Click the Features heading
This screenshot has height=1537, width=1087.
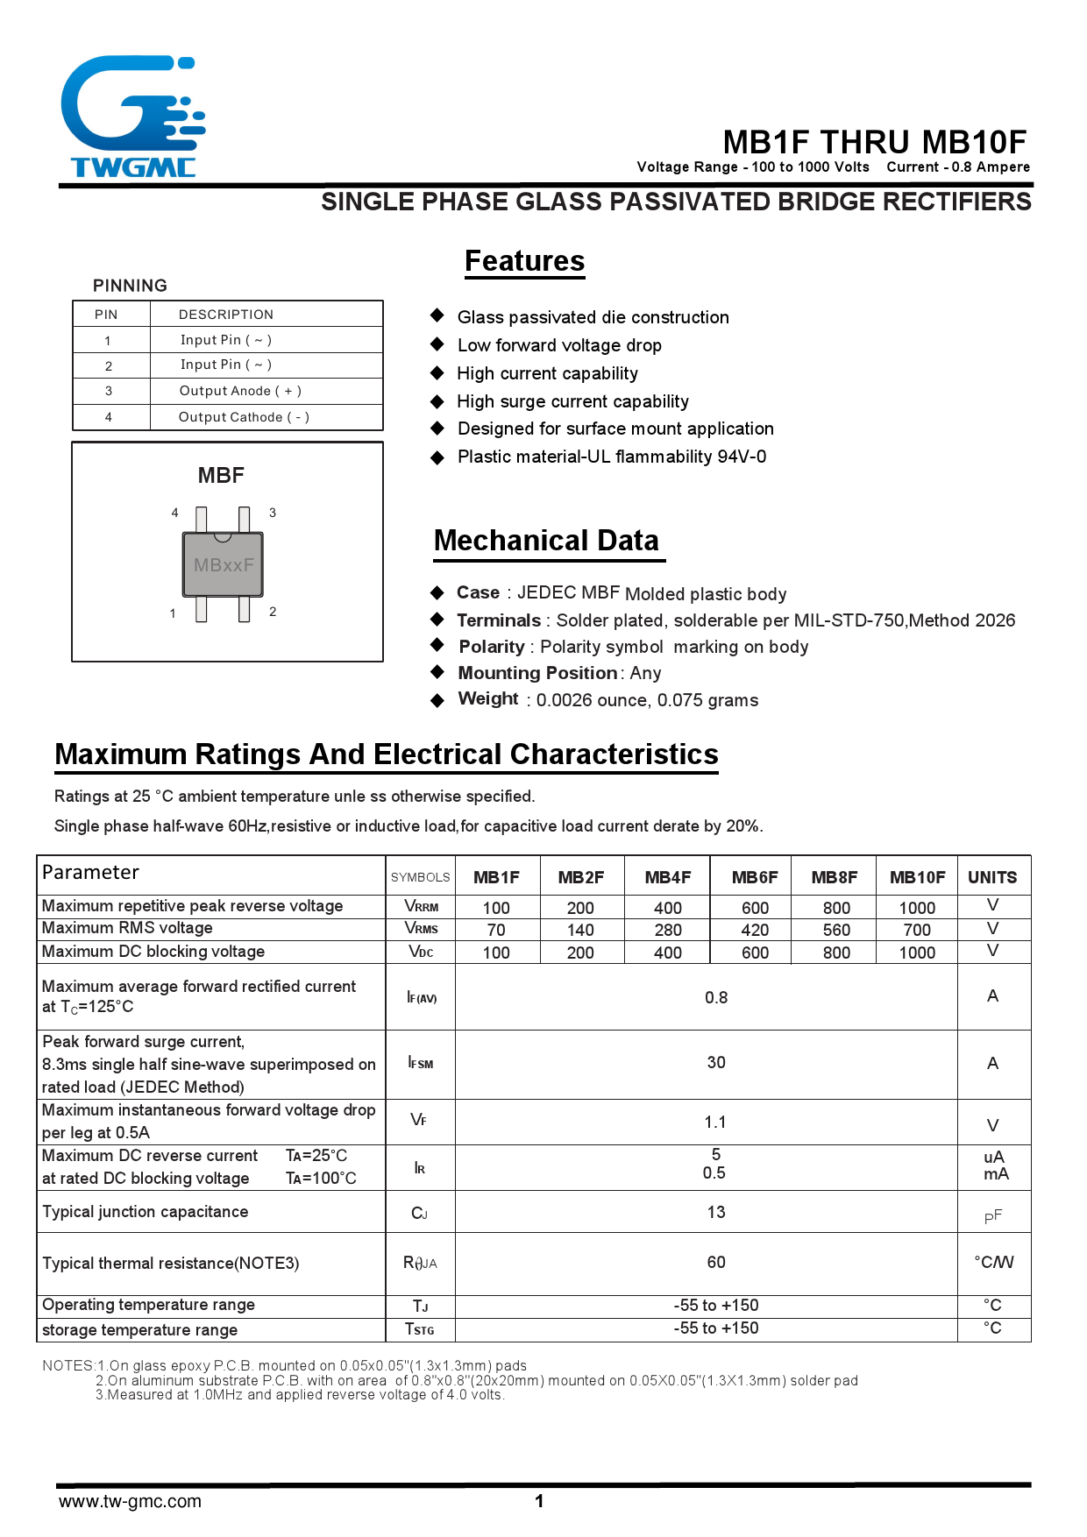pos(524,261)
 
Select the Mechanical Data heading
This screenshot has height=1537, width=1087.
pos(546,541)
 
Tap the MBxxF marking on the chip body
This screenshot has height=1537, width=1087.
pos(224,565)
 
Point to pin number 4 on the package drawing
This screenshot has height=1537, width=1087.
pos(174,513)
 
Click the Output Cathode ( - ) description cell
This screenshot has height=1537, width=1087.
pos(244,417)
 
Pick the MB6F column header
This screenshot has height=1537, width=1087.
pos(755,877)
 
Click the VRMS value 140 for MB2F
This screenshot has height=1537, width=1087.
pos(580,930)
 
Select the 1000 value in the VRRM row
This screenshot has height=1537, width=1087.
pos(917,908)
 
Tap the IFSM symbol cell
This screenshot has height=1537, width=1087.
pos(421,1063)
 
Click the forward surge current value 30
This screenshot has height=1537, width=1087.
pos(716,1063)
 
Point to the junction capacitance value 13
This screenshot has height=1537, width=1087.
pos(716,1212)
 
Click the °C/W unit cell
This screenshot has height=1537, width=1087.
pos(993,1262)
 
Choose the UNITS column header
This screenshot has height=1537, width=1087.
pos(992,877)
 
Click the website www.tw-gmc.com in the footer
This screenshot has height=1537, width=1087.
pos(130,1501)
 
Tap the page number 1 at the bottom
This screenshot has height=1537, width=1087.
pos(539,1501)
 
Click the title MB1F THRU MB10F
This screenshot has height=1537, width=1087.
pos(874,142)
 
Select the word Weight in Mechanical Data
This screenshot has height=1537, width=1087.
pos(488,698)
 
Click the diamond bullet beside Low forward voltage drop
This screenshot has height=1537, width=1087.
pos(437,344)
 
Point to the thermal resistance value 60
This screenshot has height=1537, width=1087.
pos(716,1262)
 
